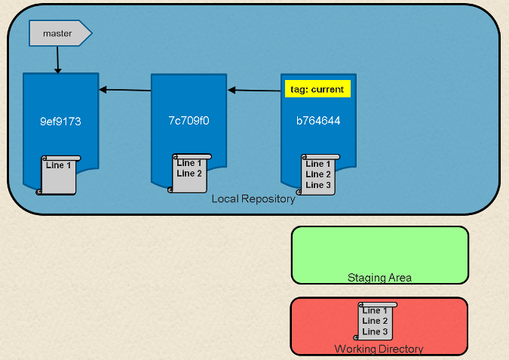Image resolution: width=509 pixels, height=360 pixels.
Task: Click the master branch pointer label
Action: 58,33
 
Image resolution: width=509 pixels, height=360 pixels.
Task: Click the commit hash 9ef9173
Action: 60,121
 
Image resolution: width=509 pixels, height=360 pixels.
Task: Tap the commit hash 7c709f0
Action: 189,121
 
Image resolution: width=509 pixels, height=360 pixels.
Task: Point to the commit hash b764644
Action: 317,121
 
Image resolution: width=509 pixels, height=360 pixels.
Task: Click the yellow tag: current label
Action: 317,89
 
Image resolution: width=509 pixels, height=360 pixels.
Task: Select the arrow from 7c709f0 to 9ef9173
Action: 124,90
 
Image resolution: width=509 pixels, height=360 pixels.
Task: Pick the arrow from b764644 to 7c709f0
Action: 254,91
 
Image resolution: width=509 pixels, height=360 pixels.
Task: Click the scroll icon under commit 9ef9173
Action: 58,175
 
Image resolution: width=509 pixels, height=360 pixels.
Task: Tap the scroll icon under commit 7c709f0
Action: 189,174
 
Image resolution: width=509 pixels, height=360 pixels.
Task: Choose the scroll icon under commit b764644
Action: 317,175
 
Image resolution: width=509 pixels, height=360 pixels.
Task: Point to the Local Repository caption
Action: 253,199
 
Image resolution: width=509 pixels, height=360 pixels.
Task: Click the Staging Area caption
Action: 379,277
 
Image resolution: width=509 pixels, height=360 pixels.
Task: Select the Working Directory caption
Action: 379,349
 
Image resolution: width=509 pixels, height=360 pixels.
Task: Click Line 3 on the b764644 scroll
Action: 318,185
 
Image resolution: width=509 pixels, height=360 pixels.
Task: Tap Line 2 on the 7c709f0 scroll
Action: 189,173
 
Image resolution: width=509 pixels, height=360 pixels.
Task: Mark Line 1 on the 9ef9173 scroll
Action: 59,165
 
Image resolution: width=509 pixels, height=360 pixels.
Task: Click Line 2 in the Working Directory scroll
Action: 375,321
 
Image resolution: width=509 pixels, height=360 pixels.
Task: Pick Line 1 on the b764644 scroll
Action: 318,164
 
